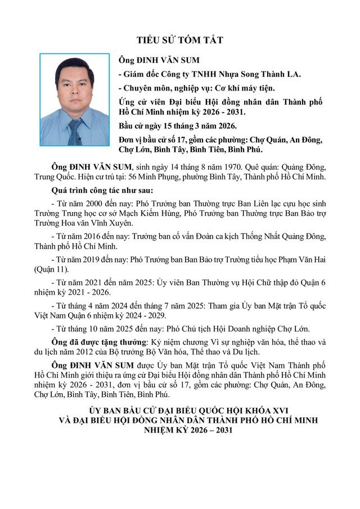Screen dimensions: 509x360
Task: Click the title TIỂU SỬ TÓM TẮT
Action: (180, 40)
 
